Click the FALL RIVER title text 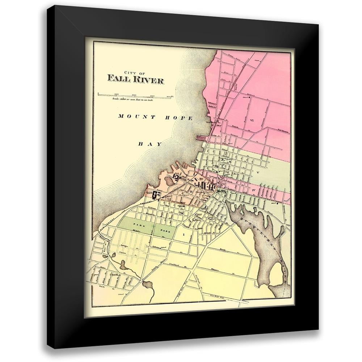point(135,80)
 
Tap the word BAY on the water point(150,144)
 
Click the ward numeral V point(258,173)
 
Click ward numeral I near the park point(183,235)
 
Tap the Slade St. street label point(101,286)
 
